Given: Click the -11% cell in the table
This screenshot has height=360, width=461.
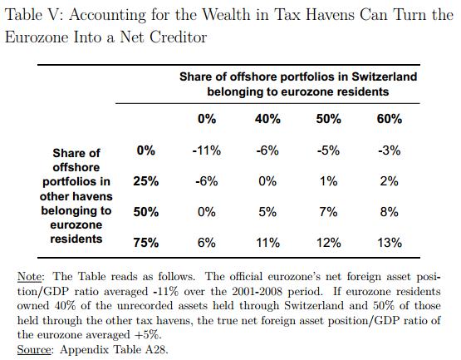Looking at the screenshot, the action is (206, 150).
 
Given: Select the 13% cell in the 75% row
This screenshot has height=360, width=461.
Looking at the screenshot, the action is (390, 243).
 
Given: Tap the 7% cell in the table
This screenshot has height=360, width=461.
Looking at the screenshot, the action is (328, 212).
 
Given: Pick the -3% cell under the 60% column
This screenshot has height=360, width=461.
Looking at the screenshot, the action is (390, 150).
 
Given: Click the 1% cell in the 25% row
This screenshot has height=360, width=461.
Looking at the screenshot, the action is (328, 181).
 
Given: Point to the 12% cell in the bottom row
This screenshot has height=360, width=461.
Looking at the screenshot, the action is (328, 243).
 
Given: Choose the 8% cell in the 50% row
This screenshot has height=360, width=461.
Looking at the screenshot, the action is (390, 212).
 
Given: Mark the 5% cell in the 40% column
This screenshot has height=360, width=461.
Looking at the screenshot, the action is (267, 212).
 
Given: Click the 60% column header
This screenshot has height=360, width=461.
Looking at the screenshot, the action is (390, 119).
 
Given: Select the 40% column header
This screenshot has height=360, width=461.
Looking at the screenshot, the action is (267, 119).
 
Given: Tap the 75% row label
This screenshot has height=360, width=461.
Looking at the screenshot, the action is (146, 243).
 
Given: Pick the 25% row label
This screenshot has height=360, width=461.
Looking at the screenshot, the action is (146, 181).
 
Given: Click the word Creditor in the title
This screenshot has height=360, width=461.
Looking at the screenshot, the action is (178, 37).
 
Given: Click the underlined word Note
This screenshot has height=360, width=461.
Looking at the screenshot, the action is (30, 277).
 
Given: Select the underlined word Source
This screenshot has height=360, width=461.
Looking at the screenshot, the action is (34, 350).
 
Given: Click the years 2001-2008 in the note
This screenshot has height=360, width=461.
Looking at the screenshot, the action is (257, 292).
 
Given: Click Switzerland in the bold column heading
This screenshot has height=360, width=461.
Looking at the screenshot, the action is (385, 76).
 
